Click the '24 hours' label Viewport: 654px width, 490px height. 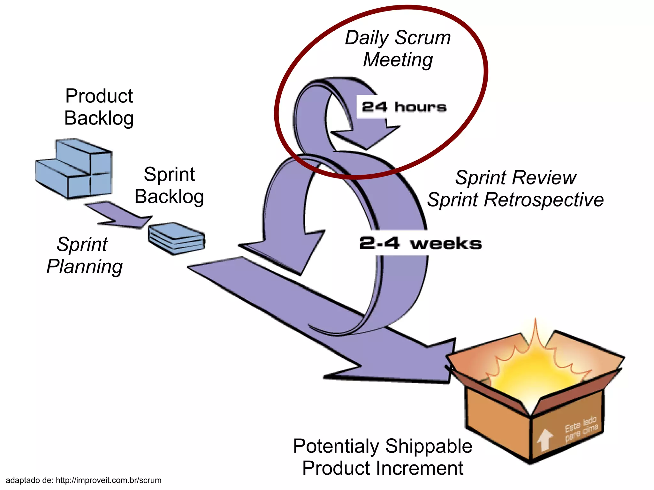[404, 107]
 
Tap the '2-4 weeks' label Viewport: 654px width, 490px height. [420, 243]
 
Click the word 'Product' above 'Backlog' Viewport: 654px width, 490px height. [99, 96]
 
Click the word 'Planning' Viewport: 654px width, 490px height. [85, 267]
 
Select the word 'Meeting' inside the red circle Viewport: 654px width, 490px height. [398, 60]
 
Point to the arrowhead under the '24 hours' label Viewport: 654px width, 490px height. [367, 137]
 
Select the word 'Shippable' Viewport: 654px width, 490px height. [429, 446]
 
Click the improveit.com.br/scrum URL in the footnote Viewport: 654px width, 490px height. [109, 480]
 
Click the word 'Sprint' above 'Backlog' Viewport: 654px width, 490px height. [169, 174]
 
